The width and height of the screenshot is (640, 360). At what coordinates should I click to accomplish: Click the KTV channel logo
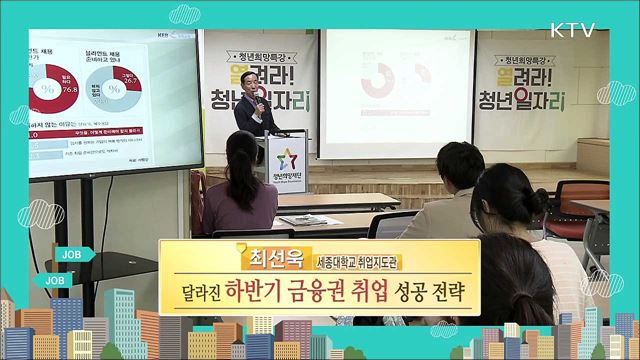(572, 30)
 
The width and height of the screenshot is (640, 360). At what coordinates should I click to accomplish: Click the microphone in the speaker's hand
(258, 100)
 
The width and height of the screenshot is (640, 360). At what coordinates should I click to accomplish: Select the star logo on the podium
(285, 159)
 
